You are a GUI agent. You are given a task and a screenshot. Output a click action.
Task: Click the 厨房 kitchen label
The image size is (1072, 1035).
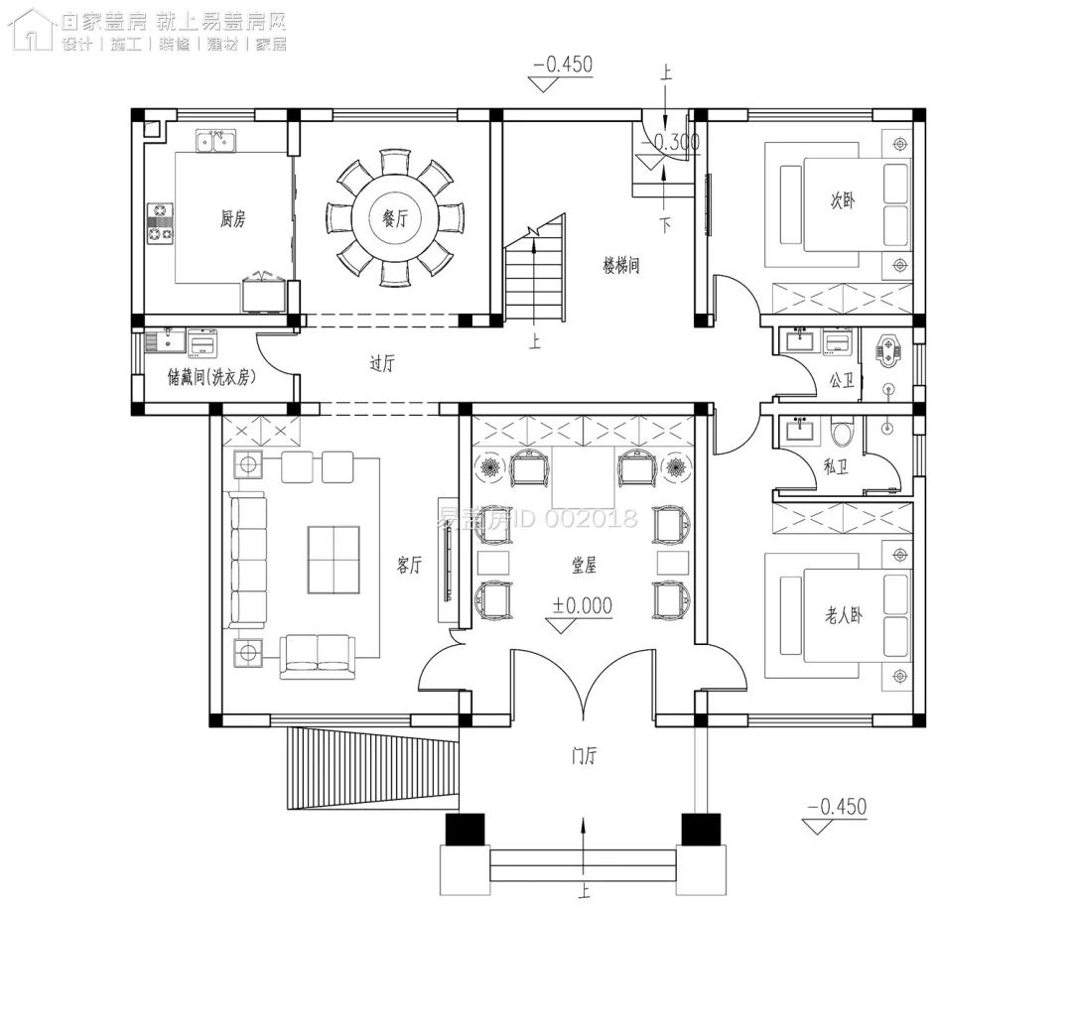pyautogui.click(x=232, y=219)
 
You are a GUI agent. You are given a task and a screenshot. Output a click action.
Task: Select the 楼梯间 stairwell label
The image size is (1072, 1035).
pyautogui.click(x=620, y=265)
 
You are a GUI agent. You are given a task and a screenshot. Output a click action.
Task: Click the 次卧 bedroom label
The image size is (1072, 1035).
pyautogui.click(x=842, y=200)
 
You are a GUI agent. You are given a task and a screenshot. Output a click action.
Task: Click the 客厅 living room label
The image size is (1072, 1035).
pyautogui.click(x=410, y=566)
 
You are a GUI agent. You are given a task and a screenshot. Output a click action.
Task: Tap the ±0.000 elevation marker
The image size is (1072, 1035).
pyautogui.click(x=583, y=605)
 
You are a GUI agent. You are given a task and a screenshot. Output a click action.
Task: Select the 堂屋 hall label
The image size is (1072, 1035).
pyautogui.click(x=584, y=565)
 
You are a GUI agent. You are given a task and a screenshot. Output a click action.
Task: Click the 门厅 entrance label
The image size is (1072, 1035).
pyautogui.click(x=584, y=756)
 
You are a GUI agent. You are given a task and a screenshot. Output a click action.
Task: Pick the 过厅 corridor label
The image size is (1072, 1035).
pyautogui.click(x=382, y=364)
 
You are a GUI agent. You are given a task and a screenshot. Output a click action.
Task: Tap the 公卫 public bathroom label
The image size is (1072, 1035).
pyautogui.click(x=842, y=378)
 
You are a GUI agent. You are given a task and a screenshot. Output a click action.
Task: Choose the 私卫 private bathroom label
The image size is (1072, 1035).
pyautogui.click(x=836, y=464)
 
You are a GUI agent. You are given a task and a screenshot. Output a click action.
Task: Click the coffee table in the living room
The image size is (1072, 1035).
pyautogui.click(x=334, y=560)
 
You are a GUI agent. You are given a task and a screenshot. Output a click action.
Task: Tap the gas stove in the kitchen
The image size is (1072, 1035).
pyautogui.click(x=160, y=223)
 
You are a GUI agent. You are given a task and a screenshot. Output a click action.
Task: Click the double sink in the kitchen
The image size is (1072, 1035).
pyautogui.click(x=215, y=142)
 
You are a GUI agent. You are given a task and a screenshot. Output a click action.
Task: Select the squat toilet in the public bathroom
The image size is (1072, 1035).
pyautogui.click(x=888, y=352)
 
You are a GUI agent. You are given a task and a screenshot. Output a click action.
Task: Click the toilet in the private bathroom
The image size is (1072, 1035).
pyautogui.click(x=843, y=433)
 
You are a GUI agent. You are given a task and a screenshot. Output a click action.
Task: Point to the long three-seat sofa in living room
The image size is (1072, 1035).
pyautogui.click(x=248, y=561)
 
